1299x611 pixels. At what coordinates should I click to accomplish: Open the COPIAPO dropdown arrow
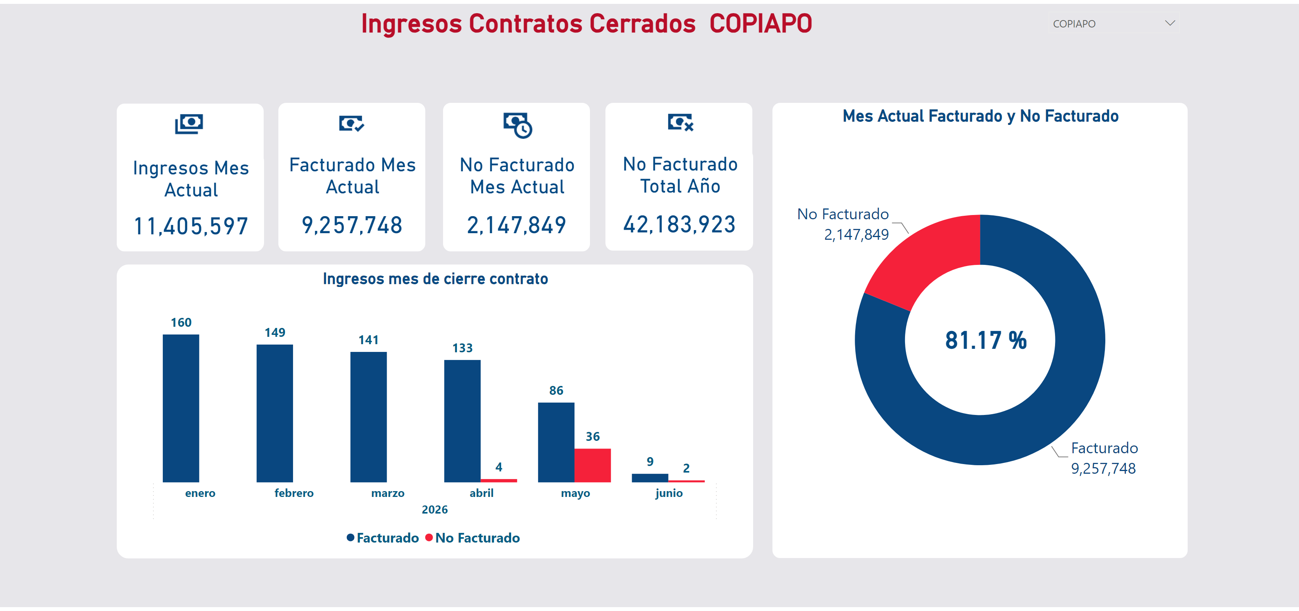click(x=1170, y=23)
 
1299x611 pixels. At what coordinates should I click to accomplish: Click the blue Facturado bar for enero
click(x=181, y=408)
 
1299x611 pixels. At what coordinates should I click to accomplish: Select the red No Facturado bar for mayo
click(x=593, y=465)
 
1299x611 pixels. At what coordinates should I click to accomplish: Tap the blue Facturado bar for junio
click(x=650, y=478)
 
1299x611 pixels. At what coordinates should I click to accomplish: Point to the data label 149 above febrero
click(x=275, y=333)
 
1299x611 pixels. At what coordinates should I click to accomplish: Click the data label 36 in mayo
click(x=593, y=437)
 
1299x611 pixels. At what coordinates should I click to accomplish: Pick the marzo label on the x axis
click(x=388, y=493)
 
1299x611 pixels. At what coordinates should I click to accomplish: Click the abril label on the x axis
click(x=482, y=493)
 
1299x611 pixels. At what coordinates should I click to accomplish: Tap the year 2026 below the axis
click(x=435, y=510)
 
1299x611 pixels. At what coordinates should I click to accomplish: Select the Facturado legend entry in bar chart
click(x=383, y=538)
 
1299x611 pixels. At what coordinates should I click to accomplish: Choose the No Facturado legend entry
click(x=472, y=538)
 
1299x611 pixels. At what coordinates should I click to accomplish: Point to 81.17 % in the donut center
click(x=986, y=340)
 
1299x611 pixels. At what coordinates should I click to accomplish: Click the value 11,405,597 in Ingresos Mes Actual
click(x=191, y=226)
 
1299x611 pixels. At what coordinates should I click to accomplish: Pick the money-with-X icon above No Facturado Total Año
click(x=681, y=123)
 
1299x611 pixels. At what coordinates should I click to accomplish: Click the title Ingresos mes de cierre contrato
click(x=435, y=279)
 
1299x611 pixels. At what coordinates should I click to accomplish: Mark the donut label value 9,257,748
click(x=1103, y=469)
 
